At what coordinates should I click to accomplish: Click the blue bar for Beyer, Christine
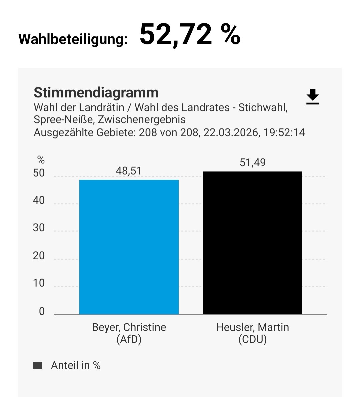pyautogui.click(x=129, y=247)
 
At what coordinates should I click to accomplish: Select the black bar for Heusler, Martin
pyautogui.click(x=252, y=243)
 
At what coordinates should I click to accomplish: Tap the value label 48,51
pyautogui.click(x=129, y=171)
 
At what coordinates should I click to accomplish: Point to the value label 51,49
pyautogui.click(x=253, y=162)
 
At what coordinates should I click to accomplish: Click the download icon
pyautogui.click(x=312, y=97)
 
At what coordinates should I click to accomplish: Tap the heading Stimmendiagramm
pyautogui.click(x=96, y=92)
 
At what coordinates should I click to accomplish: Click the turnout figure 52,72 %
pyautogui.click(x=190, y=34)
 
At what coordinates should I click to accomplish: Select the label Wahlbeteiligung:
pyautogui.click(x=73, y=39)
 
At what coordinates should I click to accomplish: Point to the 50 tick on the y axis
pyautogui.click(x=39, y=173)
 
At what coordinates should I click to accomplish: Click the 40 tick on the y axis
pyautogui.click(x=39, y=201)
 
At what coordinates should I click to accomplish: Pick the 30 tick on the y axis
pyautogui.click(x=39, y=228)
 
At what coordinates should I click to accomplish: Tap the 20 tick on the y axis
pyautogui.click(x=39, y=256)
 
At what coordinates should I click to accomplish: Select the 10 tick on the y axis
pyautogui.click(x=39, y=283)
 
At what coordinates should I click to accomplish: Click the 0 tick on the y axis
pyautogui.click(x=42, y=311)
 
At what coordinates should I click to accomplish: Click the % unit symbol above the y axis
pyautogui.click(x=41, y=160)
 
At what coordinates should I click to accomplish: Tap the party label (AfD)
pyautogui.click(x=129, y=340)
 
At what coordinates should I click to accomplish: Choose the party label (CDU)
pyautogui.click(x=252, y=340)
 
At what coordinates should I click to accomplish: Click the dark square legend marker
pyautogui.click(x=37, y=366)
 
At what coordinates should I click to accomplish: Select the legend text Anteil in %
pyautogui.click(x=76, y=366)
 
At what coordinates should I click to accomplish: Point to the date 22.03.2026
pyautogui.click(x=231, y=133)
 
